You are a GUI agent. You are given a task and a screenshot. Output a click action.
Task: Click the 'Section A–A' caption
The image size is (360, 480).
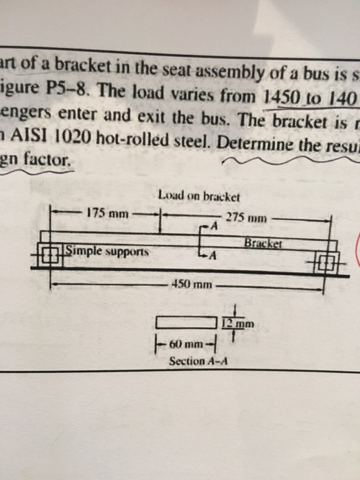(x=197, y=361)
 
